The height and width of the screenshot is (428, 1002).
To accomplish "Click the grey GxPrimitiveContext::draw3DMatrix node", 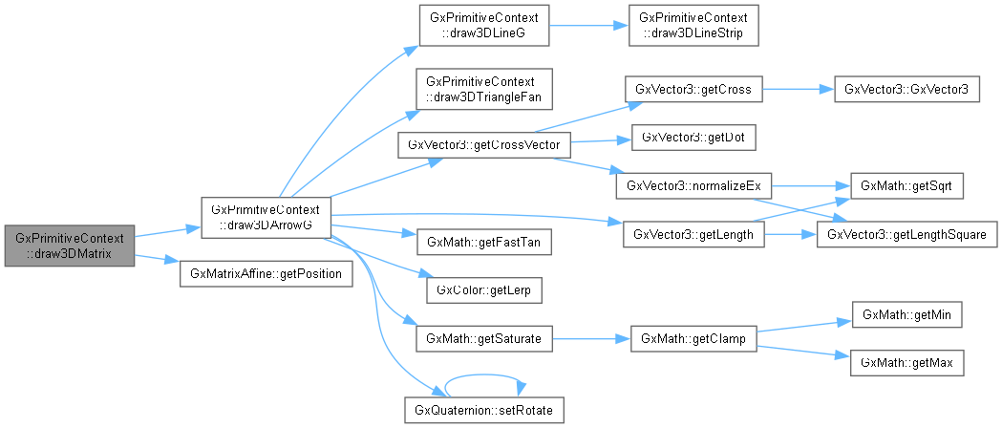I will tap(69, 246).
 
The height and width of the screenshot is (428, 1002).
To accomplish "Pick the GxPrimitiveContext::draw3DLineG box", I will tap(484, 28).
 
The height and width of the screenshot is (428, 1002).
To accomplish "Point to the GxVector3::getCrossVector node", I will tap(484, 144).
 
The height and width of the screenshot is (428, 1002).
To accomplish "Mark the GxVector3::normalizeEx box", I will tap(693, 185).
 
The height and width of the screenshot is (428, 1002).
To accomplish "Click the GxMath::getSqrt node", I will tap(900, 182).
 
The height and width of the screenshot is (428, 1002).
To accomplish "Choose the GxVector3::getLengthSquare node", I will tap(906, 233).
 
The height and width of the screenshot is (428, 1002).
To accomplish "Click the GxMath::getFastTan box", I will tap(484, 243).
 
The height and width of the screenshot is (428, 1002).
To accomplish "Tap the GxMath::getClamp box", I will tap(693, 338).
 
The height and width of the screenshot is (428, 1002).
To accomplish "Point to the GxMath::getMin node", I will tap(900, 314).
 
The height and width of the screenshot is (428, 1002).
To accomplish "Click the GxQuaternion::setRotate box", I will tap(484, 411).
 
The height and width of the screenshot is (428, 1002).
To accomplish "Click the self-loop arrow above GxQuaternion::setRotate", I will tap(484, 376).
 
